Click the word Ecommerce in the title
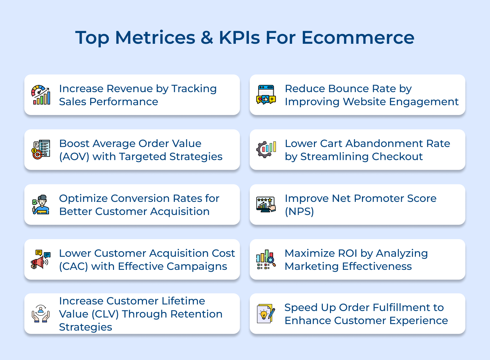click(358, 38)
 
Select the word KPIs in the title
click(240, 38)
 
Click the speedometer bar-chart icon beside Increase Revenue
click(41, 95)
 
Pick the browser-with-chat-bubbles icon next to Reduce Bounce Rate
click(266, 95)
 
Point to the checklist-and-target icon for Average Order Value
click(41, 150)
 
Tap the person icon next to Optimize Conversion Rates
click(41, 205)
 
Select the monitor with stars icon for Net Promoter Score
click(266, 205)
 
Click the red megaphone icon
click(41, 260)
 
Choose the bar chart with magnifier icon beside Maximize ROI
click(266, 259)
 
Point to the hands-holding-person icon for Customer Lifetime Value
click(41, 314)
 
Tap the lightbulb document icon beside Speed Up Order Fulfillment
click(266, 314)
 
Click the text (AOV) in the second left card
click(74, 157)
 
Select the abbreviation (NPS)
click(299, 212)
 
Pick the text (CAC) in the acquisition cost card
click(73, 267)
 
